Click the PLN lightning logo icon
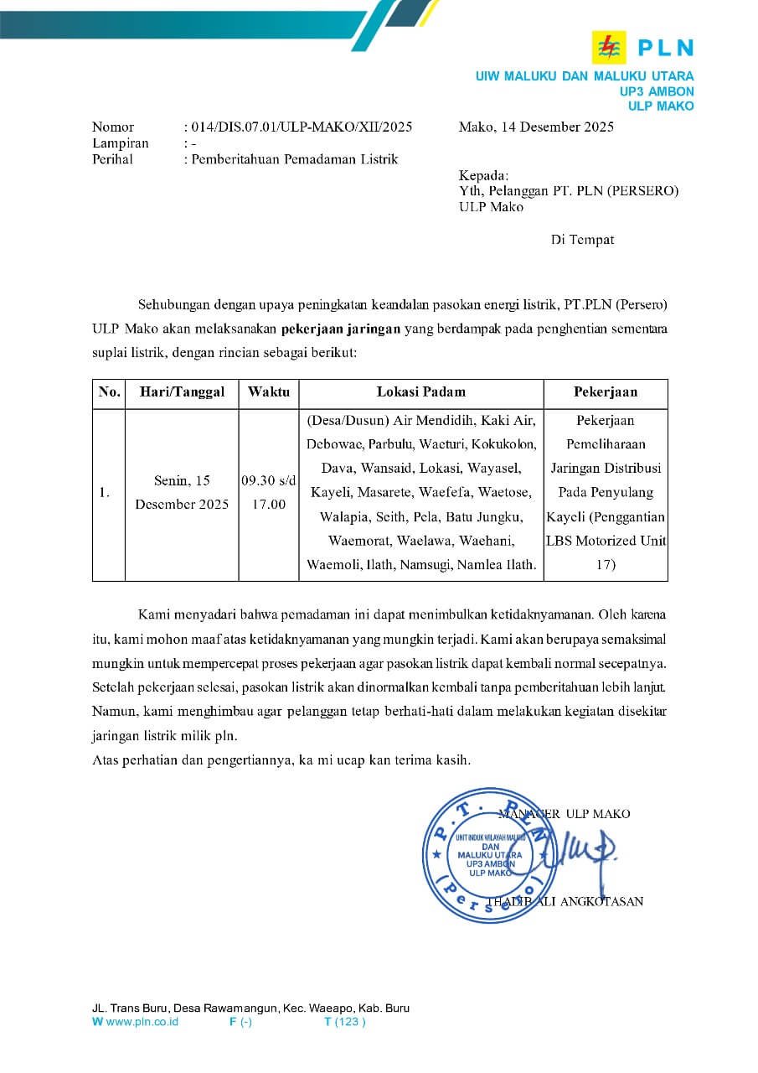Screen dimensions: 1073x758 608,46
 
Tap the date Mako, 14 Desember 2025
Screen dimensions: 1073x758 536,127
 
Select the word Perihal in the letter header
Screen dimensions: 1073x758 112,159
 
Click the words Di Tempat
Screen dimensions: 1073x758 582,240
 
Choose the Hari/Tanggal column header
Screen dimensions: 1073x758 182,391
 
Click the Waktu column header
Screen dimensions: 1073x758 269,391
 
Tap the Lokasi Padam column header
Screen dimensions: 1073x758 420,391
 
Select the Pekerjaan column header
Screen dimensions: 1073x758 605,391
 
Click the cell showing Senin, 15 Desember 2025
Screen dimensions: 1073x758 182,493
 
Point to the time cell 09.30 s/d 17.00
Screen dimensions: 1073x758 269,493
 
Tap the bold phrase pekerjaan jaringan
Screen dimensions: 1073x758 341,329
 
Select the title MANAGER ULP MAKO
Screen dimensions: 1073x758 565,813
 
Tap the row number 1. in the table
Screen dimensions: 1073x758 105,493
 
